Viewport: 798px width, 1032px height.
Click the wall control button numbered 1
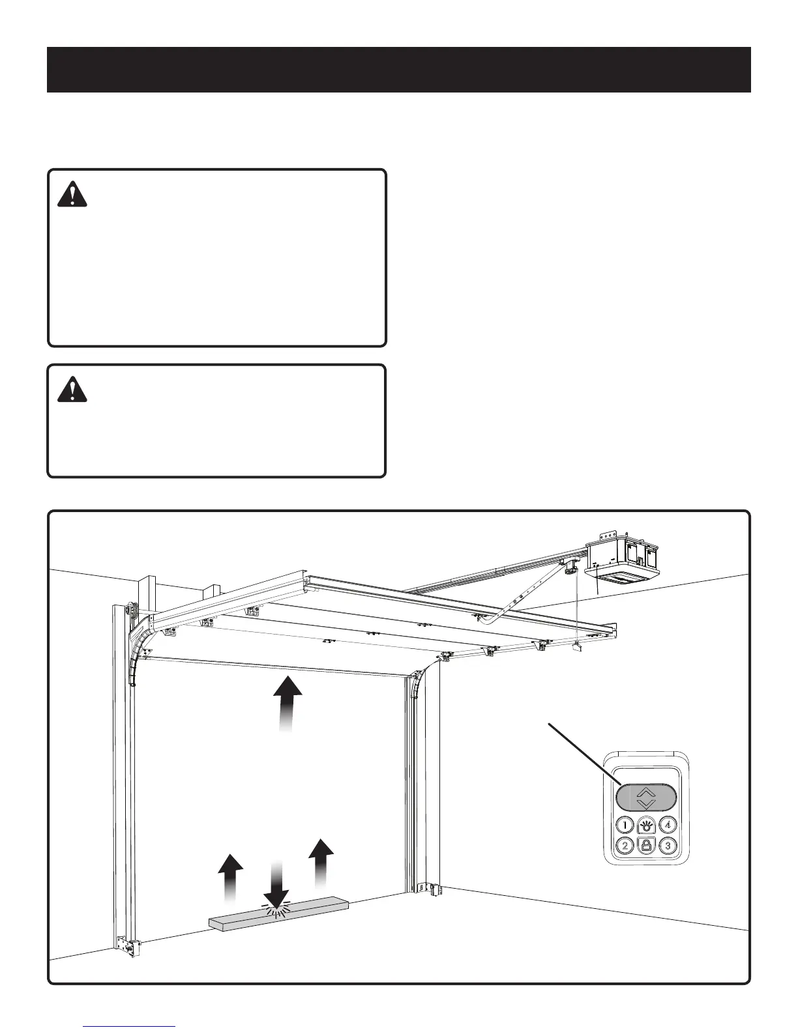tap(625, 824)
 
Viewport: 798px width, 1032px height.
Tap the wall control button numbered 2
tap(625, 846)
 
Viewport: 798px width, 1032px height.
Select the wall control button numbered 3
tap(668, 846)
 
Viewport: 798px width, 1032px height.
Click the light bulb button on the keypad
tap(646, 824)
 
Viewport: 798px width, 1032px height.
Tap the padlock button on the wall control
tap(646, 846)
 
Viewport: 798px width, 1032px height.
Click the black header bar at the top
tap(399, 70)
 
